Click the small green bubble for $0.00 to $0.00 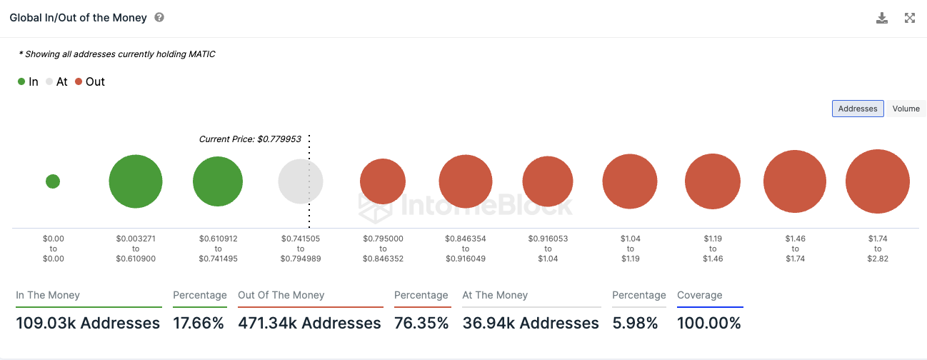(x=53, y=181)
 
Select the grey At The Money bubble (x=300, y=181)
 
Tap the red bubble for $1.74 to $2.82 (x=877, y=181)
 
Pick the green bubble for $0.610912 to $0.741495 (x=218, y=181)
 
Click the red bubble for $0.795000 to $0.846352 (x=382, y=181)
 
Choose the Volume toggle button (x=906, y=109)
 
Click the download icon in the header (x=882, y=18)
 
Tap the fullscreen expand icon (x=910, y=18)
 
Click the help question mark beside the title (x=159, y=17)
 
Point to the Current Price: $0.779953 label (x=250, y=139)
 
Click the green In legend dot (x=21, y=82)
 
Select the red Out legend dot (x=79, y=82)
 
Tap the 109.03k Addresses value (x=88, y=324)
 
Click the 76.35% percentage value (x=421, y=324)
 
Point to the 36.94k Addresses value (x=531, y=324)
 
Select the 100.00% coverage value (x=709, y=324)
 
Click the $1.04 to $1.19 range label (x=629, y=248)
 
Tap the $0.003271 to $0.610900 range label (x=136, y=248)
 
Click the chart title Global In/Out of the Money (x=78, y=18)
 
